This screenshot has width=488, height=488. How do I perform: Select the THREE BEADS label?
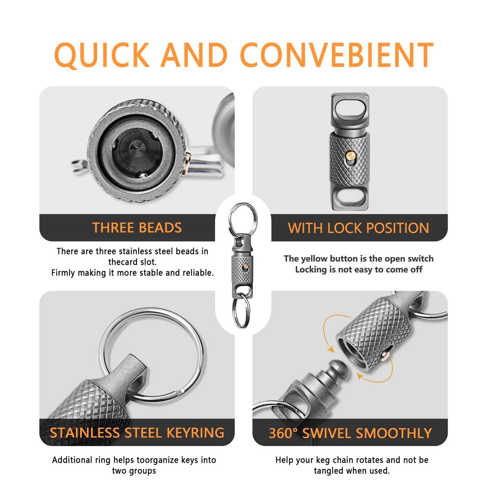coord(137,228)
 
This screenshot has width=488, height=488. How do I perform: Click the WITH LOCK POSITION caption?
coord(358,228)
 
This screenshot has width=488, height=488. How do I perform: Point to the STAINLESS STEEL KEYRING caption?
coord(137,433)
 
